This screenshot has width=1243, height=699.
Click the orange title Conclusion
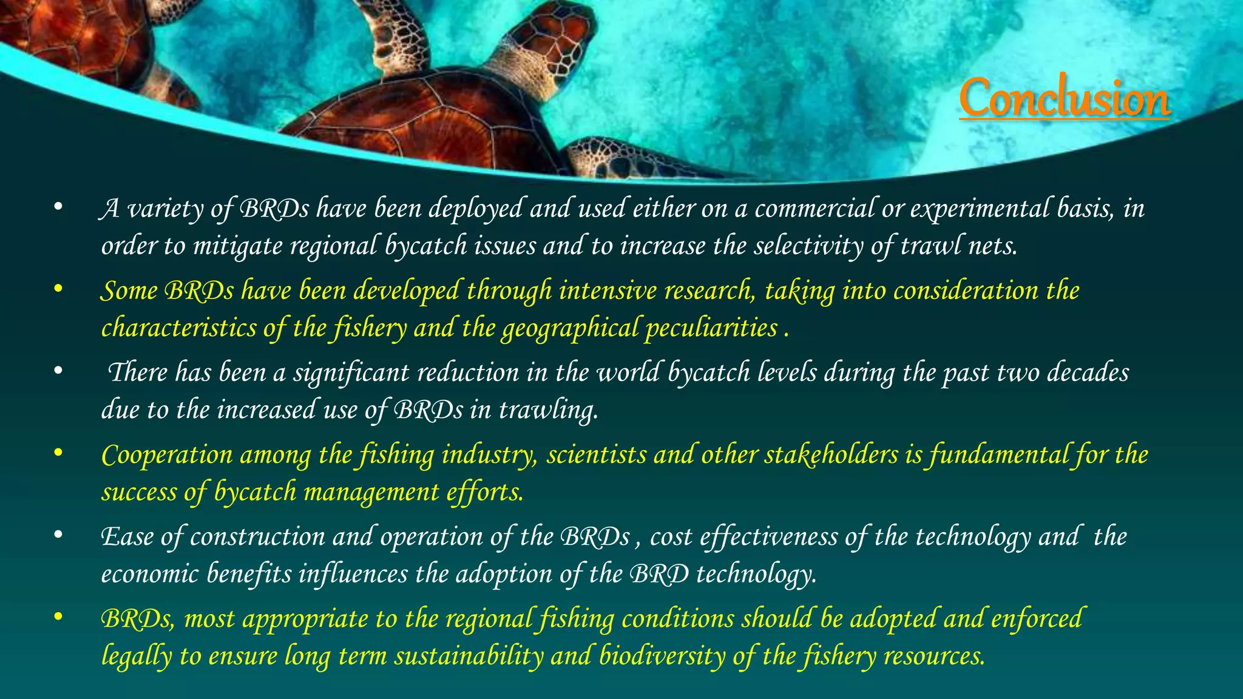tap(1064, 98)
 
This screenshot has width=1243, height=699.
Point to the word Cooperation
tap(167, 455)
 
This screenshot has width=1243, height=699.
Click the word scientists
tap(596, 455)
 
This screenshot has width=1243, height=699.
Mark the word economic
tap(149, 574)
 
